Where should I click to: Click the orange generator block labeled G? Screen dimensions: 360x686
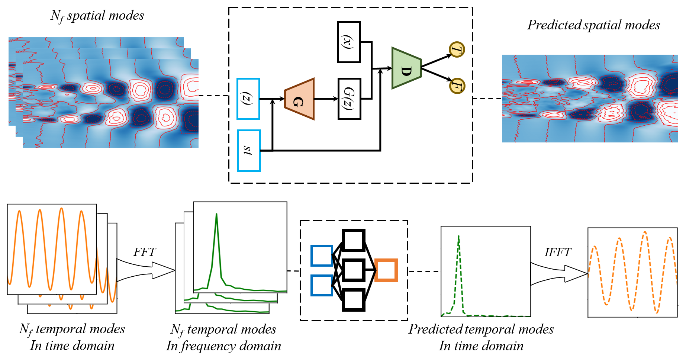(299, 99)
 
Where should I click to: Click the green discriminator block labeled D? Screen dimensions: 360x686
(406, 68)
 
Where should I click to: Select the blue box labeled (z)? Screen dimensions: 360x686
(248, 99)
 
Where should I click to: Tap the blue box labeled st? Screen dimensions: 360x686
(249, 150)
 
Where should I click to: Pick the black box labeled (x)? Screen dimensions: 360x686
(349, 42)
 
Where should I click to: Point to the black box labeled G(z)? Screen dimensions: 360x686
(349, 99)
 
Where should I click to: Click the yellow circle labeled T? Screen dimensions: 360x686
(457, 49)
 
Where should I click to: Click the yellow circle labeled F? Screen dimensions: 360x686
(457, 86)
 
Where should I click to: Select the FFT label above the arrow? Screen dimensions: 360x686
(145, 252)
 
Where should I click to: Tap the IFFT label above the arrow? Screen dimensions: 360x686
(557, 253)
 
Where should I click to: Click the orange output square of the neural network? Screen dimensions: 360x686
(386, 270)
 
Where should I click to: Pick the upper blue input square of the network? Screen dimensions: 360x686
(322, 255)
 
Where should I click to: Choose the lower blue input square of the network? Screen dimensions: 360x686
(322, 285)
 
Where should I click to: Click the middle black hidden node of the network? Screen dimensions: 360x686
(353, 270)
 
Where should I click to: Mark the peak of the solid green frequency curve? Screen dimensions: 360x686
(216, 214)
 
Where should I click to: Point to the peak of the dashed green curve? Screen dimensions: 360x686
(459, 236)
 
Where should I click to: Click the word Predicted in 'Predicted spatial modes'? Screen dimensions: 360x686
(554, 25)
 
